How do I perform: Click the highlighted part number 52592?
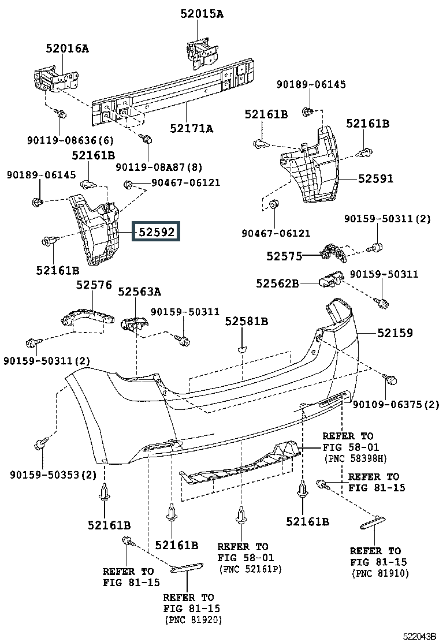[x=157, y=232]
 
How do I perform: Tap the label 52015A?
[x=202, y=14]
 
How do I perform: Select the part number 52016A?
[x=67, y=48]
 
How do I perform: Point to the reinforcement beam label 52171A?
[x=192, y=129]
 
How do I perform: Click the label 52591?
[x=375, y=178]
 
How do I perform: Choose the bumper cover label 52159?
[x=395, y=333]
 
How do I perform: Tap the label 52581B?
[x=247, y=322]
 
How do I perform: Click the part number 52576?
[x=94, y=285]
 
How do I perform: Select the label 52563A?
[x=140, y=292]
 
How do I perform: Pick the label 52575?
[x=284, y=256]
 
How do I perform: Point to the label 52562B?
[x=278, y=283]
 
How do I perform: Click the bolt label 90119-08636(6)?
[x=70, y=140]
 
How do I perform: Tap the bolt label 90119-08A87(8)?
[x=159, y=167]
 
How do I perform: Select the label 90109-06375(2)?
[x=396, y=405]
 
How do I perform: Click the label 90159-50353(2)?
[x=53, y=475]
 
